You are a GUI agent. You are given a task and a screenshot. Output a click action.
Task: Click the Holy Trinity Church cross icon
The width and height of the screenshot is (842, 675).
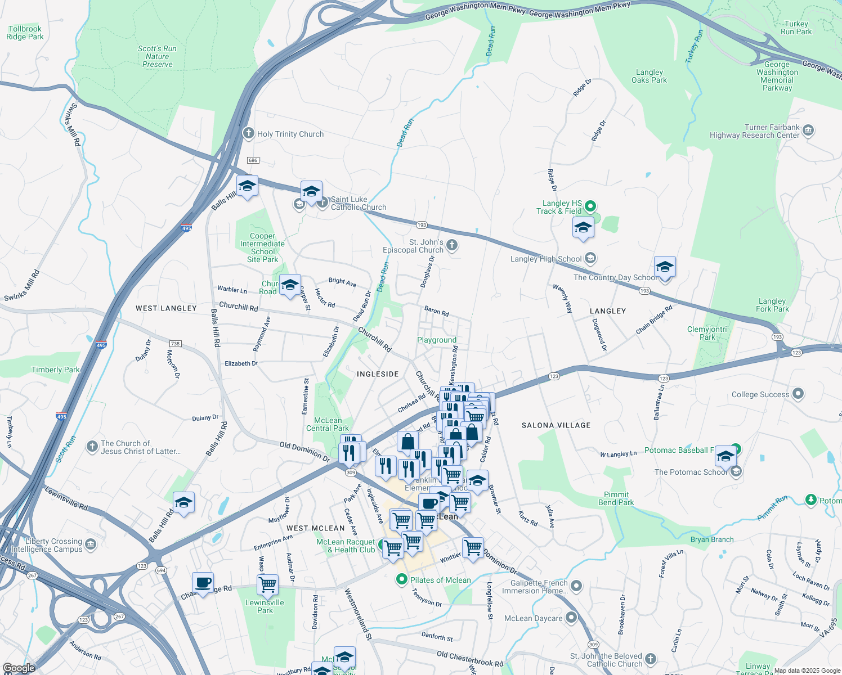coord(248,133)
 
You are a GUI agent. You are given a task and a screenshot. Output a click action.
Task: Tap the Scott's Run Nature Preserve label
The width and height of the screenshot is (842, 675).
coord(157,56)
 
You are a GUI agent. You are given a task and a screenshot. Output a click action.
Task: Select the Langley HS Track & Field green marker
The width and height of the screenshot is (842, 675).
coord(590,206)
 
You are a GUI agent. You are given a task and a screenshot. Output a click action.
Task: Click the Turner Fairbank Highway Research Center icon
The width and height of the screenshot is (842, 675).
coord(808,130)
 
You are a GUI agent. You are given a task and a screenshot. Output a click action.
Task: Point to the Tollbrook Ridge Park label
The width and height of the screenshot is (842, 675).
coord(25,33)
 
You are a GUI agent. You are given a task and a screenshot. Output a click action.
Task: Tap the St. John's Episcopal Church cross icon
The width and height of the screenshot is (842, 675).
coord(452,245)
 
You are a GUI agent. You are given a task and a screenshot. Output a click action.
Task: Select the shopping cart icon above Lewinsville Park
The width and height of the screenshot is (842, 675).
coord(268,585)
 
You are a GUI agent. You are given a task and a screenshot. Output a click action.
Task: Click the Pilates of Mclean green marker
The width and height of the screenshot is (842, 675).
coord(401,579)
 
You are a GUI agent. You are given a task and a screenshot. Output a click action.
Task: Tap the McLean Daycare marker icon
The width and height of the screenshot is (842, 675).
coord(571,618)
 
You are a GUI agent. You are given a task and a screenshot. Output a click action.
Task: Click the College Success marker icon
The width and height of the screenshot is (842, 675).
coord(798,394)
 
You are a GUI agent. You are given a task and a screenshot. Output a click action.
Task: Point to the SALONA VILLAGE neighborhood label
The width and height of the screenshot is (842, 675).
coord(556,425)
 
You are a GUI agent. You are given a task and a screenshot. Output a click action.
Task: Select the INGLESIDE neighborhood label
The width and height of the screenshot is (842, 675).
coord(378,374)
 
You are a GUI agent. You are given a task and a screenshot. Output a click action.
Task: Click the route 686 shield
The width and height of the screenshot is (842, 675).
coord(253,160)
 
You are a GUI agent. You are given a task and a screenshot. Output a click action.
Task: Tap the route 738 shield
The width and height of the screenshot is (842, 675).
coord(175,343)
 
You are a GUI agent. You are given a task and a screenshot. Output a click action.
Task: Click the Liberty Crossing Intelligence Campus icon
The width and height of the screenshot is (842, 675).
coord(91,544)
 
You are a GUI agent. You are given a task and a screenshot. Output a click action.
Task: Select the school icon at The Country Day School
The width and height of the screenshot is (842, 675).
coord(665,268)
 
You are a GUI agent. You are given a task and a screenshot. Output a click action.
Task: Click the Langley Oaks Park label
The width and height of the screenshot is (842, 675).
coord(649,76)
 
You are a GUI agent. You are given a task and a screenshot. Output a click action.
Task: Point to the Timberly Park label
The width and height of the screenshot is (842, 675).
coord(55,370)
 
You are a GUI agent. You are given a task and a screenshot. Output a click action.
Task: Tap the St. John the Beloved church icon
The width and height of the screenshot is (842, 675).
coord(651,659)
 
